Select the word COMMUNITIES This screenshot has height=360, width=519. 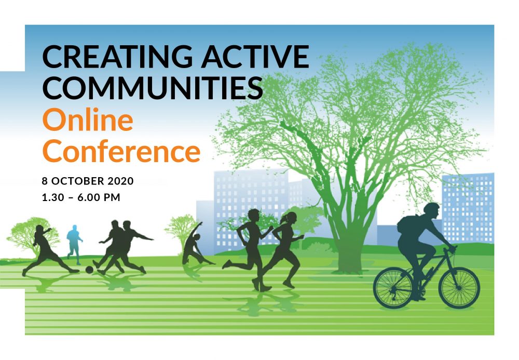153,87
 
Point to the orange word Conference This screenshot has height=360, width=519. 121,151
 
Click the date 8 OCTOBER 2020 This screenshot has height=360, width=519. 88,181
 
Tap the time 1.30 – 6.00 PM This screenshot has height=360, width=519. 81,197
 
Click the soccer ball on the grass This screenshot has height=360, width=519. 89,270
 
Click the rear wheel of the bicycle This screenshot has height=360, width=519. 393,288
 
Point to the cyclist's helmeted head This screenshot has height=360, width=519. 432,210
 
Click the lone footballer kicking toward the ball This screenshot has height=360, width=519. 50,250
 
